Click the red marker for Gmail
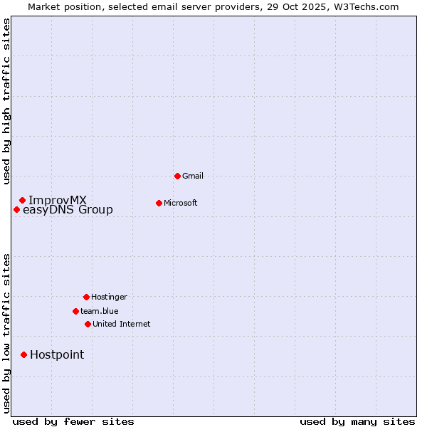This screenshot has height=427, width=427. point(177,176)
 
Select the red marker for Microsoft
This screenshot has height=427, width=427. point(159,203)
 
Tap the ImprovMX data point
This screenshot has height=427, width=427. point(22,200)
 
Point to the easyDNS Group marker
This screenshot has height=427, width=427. point(16,209)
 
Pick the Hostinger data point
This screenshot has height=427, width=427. point(86,297)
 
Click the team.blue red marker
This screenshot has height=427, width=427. point(75,311)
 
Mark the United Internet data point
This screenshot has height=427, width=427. point(88,324)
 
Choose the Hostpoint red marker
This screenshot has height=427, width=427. point(23,354)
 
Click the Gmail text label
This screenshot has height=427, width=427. point(193,176)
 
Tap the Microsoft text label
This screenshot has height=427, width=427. point(181,203)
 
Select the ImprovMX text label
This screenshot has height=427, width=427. point(58,200)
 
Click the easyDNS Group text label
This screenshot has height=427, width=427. point(68,209)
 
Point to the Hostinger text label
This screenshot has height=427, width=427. point(109,297)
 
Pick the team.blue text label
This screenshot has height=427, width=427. point(100,311)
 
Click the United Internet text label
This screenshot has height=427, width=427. point(122,324)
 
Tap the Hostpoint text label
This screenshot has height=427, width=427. point(57,354)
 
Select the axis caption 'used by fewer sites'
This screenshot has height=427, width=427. point(73,421)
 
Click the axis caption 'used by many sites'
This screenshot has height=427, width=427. point(357,421)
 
